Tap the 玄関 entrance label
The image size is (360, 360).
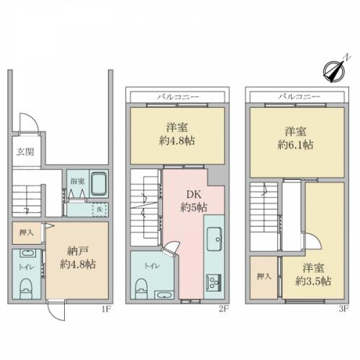pyautogui.click(x=25, y=152)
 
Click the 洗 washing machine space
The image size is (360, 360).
pyautogui.click(x=100, y=210)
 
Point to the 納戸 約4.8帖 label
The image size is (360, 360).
pyautogui.click(x=77, y=258)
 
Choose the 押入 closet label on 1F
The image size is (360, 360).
pyautogui.click(x=27, y=233)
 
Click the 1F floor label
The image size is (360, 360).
pyautogui.click(x=106, y=309)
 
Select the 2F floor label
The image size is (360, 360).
pyautogui.click(x=223, y=309)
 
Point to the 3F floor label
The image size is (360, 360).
pyautogui.click(x=343, y=309)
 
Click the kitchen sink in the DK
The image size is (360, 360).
pyautogui.click(x=215, y=238)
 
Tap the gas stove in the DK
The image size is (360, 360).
pyautogui.click(x=214, y=282)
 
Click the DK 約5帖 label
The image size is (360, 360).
pyautogui.click(x=194, y=201)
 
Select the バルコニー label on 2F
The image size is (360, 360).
pyautogui.click(x=178, y=97)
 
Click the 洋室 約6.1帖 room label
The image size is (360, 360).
pyautogui.click(x=295, y=138)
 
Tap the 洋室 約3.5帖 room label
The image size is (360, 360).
pyautogui.click(x=313, y=274)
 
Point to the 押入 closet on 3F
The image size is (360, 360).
pyautogui.click(x=264, y=277)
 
